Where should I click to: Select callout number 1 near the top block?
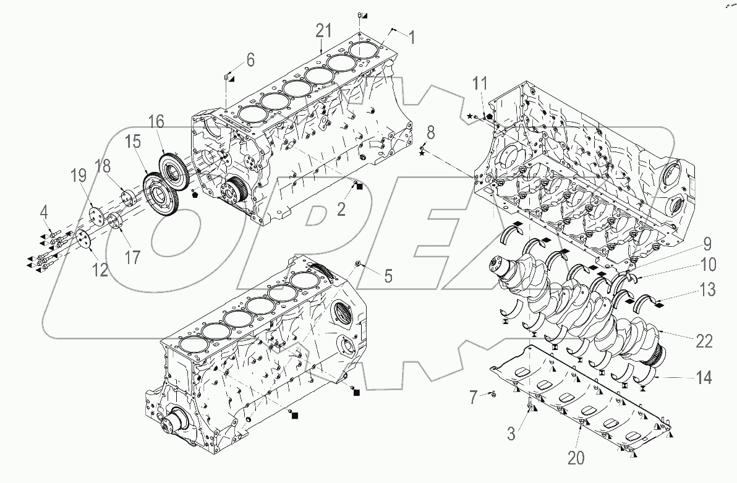pos(412,38)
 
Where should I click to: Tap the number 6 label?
pos(250,60)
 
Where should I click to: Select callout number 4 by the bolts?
pos(43,215)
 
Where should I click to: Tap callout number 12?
pos(100,269)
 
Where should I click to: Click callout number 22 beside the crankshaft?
pos(704,341)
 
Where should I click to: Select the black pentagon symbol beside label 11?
pos(490,116)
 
